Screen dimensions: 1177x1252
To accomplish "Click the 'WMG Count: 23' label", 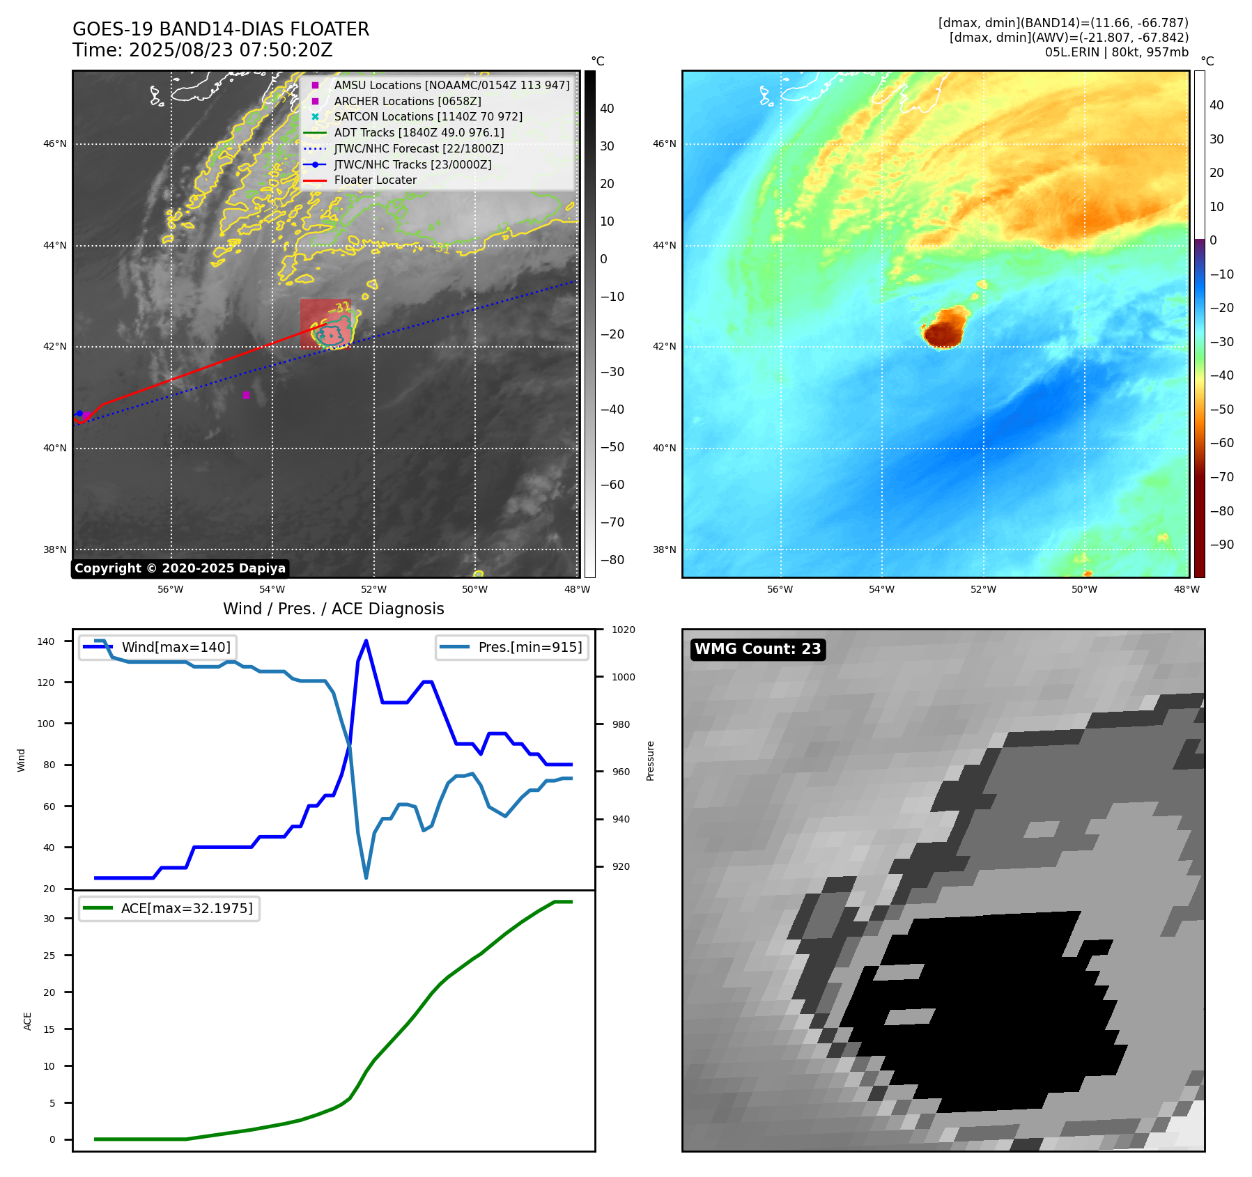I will [757, 649].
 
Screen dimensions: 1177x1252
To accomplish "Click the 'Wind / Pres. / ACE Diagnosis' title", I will [333, 609].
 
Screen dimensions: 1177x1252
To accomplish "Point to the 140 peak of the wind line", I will [366, 641].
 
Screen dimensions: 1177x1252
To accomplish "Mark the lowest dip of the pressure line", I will [366, 878].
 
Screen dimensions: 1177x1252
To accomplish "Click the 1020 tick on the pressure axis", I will [624, 630].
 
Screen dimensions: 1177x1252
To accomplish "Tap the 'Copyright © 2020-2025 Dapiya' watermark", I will [180, 568].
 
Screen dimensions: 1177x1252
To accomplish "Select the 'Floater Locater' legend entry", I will [375, 180].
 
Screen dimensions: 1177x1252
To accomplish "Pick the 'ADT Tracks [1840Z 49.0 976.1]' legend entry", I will [419, 132].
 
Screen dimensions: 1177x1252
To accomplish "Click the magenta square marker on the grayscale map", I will [246, 395].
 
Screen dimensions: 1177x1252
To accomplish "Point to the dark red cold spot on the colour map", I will [944, 330].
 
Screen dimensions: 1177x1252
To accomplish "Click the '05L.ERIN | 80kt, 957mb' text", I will [1116, 52].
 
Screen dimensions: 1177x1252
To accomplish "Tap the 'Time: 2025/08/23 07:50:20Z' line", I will [202, 50].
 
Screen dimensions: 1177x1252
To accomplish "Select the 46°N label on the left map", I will [55, 144].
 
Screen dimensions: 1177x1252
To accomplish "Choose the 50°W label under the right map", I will [1084, 589].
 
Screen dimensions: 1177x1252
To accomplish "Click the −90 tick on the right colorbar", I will [1221, 545].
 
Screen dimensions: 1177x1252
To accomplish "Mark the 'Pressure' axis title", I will [650, 761].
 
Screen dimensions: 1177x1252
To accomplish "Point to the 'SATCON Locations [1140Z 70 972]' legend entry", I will [428, 117].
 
